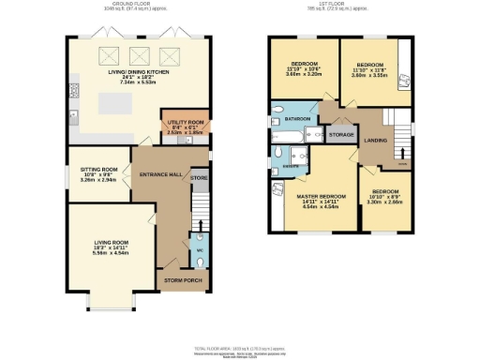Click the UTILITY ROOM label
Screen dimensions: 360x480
coord(185,123)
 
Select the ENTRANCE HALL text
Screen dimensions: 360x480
coord(158,175)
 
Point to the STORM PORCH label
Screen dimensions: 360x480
coord(184,279)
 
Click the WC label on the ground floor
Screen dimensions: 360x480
coord(198,250)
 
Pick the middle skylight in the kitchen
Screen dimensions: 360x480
coord(142,55)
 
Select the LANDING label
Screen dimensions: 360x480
coord(375,142)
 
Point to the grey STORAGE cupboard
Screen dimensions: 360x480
coord(340,135)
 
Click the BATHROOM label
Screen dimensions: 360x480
coord(298,120)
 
